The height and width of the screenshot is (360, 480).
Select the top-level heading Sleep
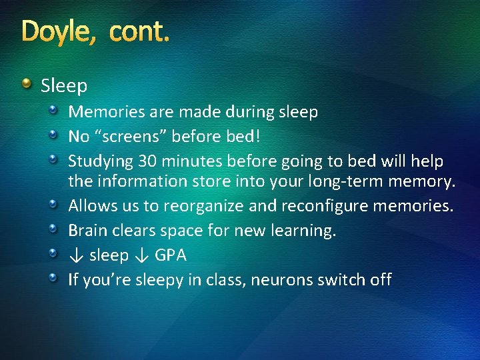coord(64,86)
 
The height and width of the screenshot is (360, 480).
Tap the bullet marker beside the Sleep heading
coord(27,84)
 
